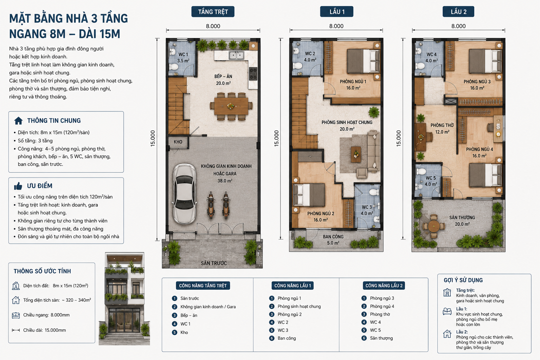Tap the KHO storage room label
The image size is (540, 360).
(178, 142)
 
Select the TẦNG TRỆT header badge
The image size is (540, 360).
(213, 12)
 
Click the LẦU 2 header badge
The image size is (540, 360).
(458, 12)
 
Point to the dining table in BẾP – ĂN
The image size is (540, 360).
(231, 106)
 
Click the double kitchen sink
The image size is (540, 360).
(236, 55)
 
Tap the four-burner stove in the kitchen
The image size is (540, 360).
(253, 74)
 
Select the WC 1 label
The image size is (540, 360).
(183, 54)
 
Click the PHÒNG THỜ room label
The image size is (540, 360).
(442, 126)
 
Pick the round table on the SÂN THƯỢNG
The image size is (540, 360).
(434, 226)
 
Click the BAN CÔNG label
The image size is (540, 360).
(333, 237)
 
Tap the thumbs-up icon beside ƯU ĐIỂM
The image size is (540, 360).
(18, 186)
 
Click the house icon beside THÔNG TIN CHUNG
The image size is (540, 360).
(18, 121)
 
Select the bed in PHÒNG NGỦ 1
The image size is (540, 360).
(363, 61)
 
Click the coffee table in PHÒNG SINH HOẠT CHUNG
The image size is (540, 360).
(356, 154)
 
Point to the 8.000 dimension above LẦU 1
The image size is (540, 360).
(336, 26)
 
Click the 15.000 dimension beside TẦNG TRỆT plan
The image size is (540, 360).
(153, 139)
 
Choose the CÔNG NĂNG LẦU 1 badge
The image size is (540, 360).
(292, 285)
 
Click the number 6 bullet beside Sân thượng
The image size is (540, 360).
(364, 338)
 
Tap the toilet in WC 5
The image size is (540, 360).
(421, 172)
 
